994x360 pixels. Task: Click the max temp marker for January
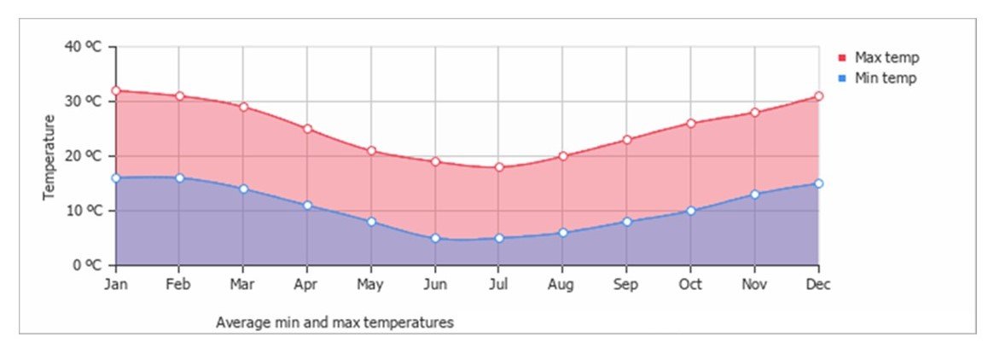coord(115,90)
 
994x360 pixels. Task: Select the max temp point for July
coord(499,167)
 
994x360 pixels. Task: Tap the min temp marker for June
coord(435,238)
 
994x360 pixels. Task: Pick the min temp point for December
coord(818,183)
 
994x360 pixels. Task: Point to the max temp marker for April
coord(307,129)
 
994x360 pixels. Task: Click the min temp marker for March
coord(243,189)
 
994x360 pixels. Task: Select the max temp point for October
coord(690,124)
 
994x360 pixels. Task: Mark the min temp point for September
coord(626,222)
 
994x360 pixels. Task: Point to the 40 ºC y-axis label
coord(83,47)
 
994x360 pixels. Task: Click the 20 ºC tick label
coord(83,156)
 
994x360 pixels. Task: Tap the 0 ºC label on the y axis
coord(86,265)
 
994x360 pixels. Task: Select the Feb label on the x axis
coord(178,285)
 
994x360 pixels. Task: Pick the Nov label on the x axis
coord(754,285)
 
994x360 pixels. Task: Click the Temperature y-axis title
coord(49,156)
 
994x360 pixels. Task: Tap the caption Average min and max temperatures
coord(334,323)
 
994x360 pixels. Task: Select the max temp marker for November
coord(754,113)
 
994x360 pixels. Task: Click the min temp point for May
coord(371,222)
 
